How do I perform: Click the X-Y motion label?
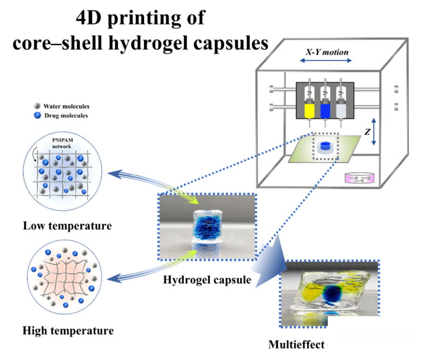[x=326, y=53]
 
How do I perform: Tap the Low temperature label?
[x=67, y=225]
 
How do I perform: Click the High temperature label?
[x=68, y=330]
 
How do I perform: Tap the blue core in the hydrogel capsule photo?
[x=206, y=230]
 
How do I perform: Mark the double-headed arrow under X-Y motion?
[x=326, y=61]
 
